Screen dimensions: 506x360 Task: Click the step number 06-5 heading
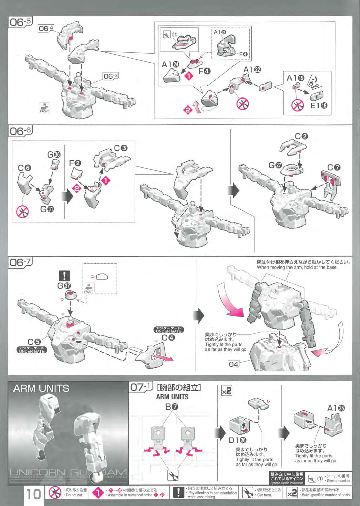pos(20,22)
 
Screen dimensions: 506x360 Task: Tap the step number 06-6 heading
pos(20,131)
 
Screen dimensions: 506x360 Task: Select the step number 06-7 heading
pos(20,262)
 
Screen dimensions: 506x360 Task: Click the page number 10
pos(34,494)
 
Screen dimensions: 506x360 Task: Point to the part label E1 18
pos(319,106)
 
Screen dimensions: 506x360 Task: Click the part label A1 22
pos(252,70)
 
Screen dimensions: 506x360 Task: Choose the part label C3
pos(120,148)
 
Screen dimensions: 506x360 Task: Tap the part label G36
pos(54,154)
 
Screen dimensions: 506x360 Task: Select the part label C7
pos(334,168)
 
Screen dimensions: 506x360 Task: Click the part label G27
pos(275,165)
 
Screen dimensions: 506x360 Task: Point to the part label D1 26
pos(237,440)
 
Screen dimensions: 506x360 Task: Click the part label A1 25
pos(336,408)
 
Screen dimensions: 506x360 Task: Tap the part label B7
pos(172,407)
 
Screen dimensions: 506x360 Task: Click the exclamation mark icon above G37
pos(64,276)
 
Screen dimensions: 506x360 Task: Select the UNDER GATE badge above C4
pos(169,330)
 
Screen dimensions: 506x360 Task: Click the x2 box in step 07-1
pos(227,391)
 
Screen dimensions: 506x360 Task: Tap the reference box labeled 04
pos(233,364)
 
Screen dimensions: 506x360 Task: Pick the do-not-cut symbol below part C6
pos(23,212)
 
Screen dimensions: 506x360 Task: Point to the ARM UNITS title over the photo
pos(41,389)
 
